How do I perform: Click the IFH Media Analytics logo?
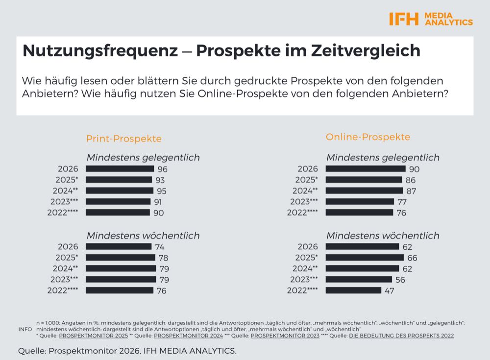coord(431,19)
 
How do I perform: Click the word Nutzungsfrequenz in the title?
coord(100,51)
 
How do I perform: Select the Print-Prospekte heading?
coord(123,139)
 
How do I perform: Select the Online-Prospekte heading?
coord(368,137)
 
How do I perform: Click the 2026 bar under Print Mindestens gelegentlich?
coord(120,168)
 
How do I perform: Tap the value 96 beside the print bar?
coord(163,169)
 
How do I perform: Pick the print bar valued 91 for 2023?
coord(119,201)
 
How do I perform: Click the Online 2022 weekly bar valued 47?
coord(353,290)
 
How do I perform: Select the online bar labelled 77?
coord(360,201)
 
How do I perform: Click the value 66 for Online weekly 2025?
coord(411,258)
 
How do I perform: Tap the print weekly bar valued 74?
coord(119,246)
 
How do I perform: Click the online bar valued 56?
coord(359,280)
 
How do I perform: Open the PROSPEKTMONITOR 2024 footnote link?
coord(188,336)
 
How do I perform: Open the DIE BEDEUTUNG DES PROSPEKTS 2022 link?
coord(401,336)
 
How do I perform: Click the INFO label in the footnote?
coord(25,329)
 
